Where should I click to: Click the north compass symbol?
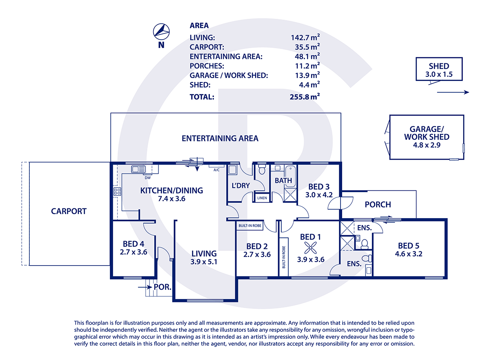point(161,31)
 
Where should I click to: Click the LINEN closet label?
point(262,198)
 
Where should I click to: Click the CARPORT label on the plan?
point(69,211)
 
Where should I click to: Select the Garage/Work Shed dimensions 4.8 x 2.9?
point(426,145)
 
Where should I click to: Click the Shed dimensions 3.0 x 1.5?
point(439,74)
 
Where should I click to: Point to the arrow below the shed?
point(453,93)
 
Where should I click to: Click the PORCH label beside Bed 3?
point(378,204)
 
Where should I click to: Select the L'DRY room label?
point(241,186)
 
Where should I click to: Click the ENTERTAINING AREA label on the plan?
point(220,139)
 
